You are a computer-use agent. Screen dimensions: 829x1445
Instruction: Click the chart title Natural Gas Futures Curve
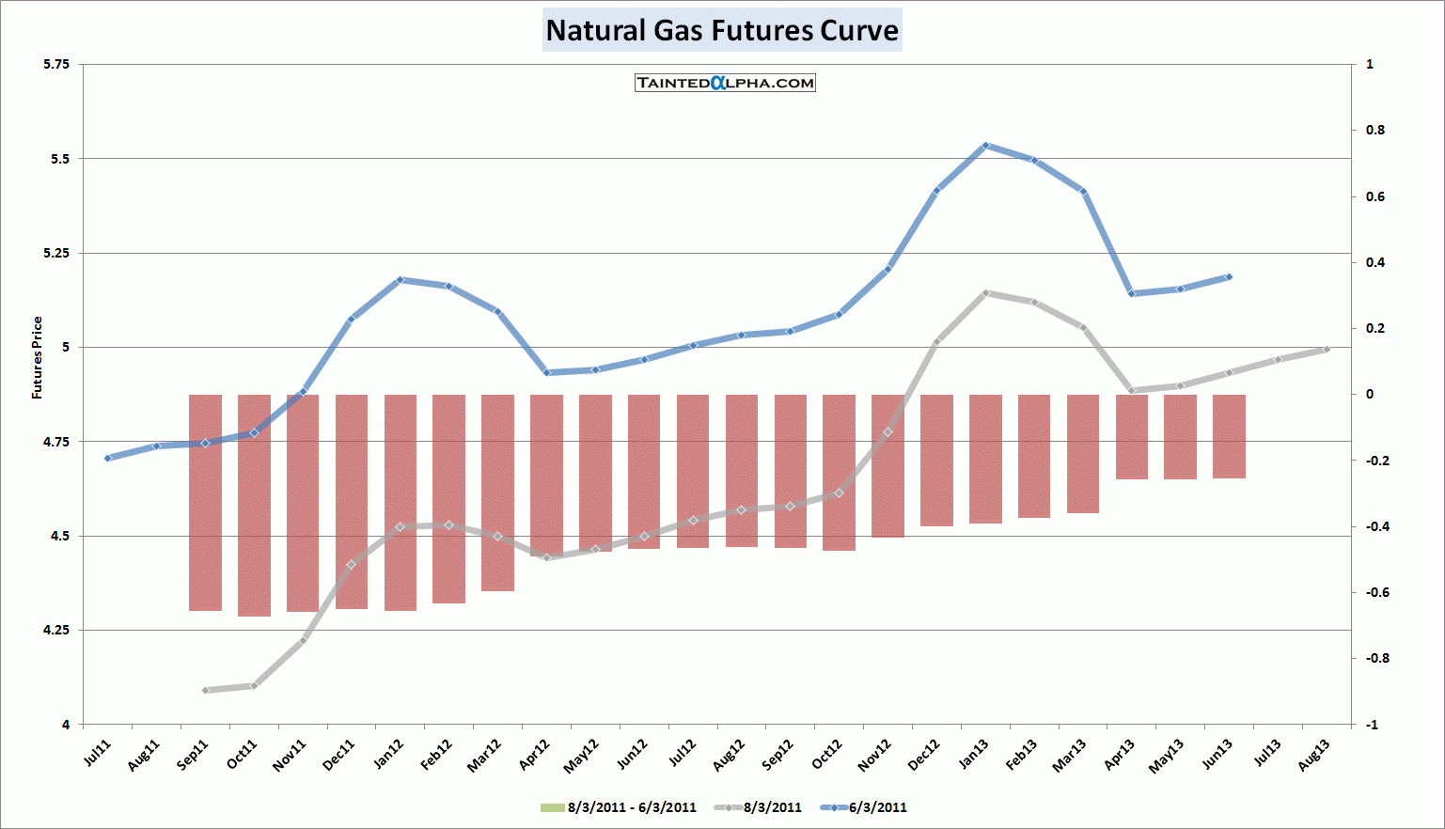tap(722, 30)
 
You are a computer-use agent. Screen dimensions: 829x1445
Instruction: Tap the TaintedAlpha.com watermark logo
tap(725, 83)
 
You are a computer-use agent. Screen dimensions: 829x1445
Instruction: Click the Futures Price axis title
tap(38, 358)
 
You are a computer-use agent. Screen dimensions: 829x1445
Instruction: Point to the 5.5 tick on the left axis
tap(60, 159)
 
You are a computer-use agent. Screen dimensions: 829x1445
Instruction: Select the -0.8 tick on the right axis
tap(1375, 659)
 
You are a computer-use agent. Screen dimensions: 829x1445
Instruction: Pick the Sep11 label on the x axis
tap(193, 755)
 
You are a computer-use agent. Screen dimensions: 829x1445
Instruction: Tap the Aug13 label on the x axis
tap(1314, 755)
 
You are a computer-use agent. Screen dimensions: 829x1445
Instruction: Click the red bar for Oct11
tap(254, 505)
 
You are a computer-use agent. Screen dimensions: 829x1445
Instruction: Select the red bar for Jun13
tap(1229, 436)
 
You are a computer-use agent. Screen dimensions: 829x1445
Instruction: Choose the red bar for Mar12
tap(497, 493)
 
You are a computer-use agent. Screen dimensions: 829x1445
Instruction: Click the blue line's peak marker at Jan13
tap(985, 146)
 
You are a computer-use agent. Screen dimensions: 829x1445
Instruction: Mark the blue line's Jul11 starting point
tap(107, 458)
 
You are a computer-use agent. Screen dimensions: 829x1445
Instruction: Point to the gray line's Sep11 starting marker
tap(205, 690)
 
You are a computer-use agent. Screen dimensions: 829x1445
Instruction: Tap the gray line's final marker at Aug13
tap(1327, 350)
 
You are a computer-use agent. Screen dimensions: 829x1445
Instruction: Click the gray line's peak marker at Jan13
tap(985, 293)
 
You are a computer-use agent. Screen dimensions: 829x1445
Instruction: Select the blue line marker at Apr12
tap(546, 372)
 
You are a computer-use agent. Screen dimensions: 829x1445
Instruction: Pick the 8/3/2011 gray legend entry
tap(760, 807)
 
